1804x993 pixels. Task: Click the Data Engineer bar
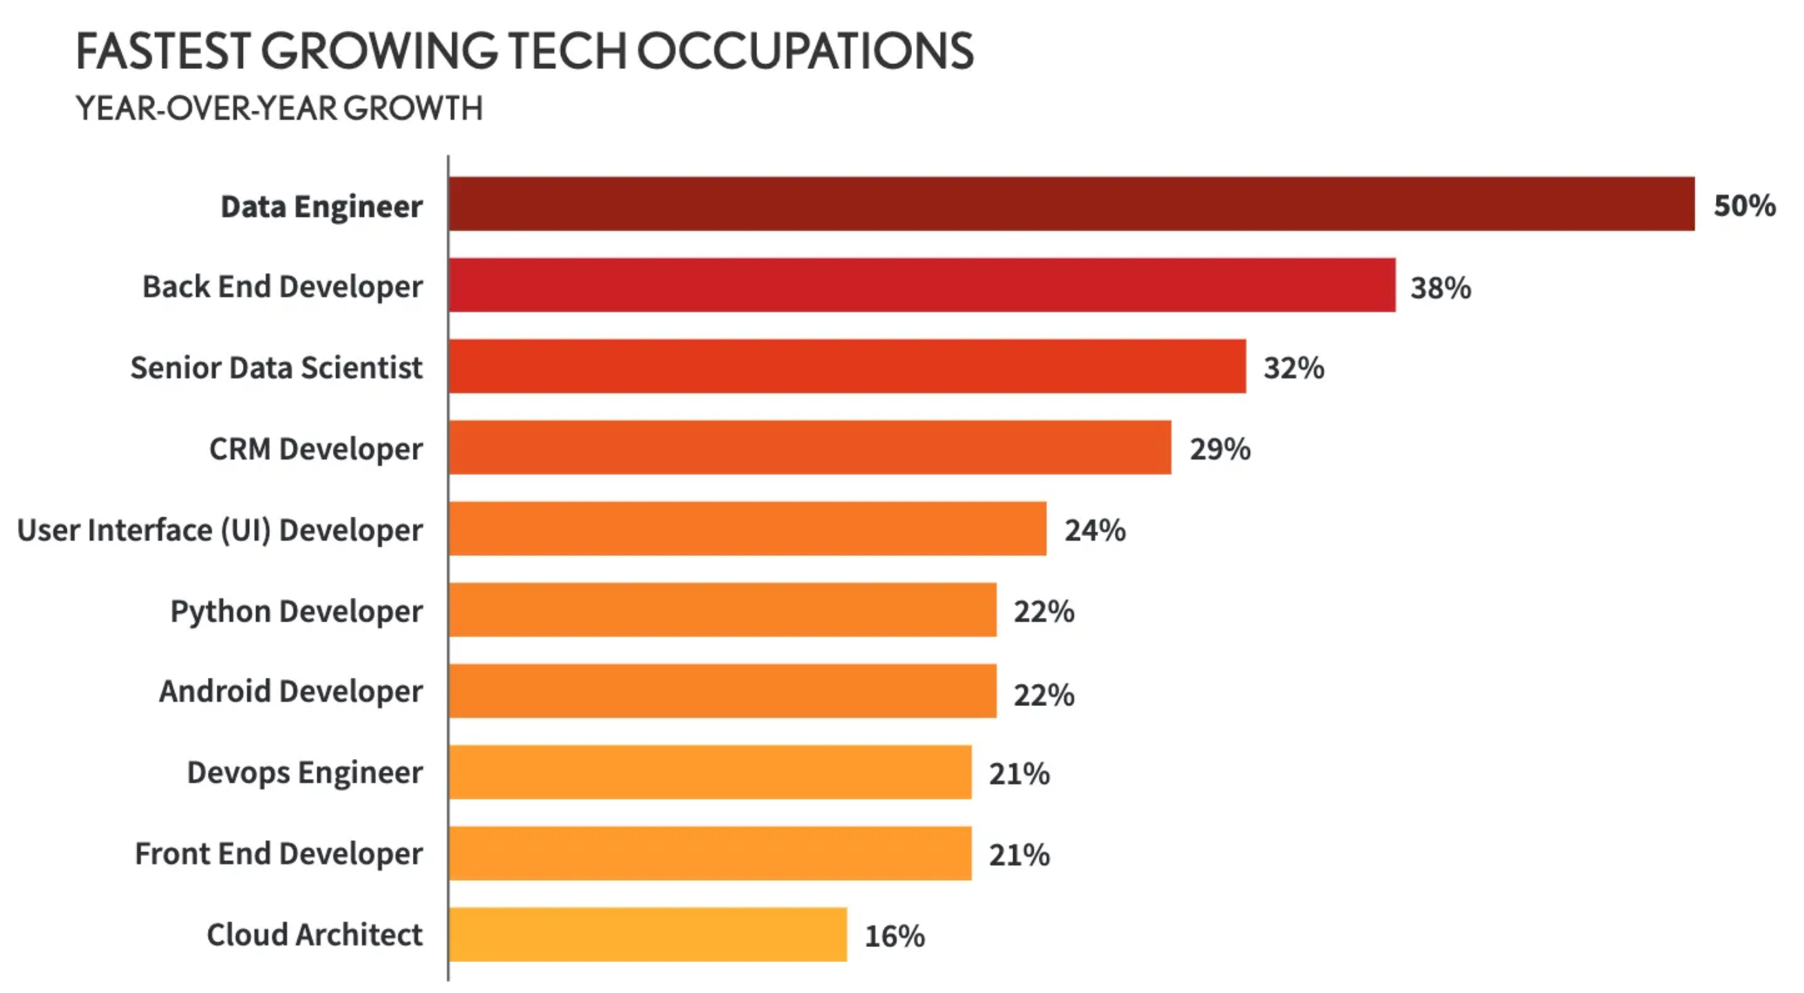(1072, 204)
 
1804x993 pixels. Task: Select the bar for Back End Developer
(922, 285)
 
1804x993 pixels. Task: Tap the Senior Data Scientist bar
(847, 366)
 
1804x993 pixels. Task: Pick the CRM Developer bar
(809, 447)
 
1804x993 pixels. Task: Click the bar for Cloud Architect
(648, 935)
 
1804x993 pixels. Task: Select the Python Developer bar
(723, 610)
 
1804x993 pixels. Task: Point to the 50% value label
(1743, 206)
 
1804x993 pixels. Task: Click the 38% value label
(1441, 288)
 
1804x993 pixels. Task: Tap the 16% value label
(894, 937)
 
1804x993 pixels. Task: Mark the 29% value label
(1220, 449)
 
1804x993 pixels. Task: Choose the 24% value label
(1094, 531)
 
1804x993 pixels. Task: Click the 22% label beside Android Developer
(1043, 696)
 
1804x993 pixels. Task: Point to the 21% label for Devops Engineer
(1019, 773)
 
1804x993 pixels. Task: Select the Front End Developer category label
(279, 853)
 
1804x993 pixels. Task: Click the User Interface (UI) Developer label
(220, 530)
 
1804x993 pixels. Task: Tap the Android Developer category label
(290, 691)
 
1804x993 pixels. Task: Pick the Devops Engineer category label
(305, 772)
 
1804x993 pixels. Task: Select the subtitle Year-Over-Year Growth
(279, 109)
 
